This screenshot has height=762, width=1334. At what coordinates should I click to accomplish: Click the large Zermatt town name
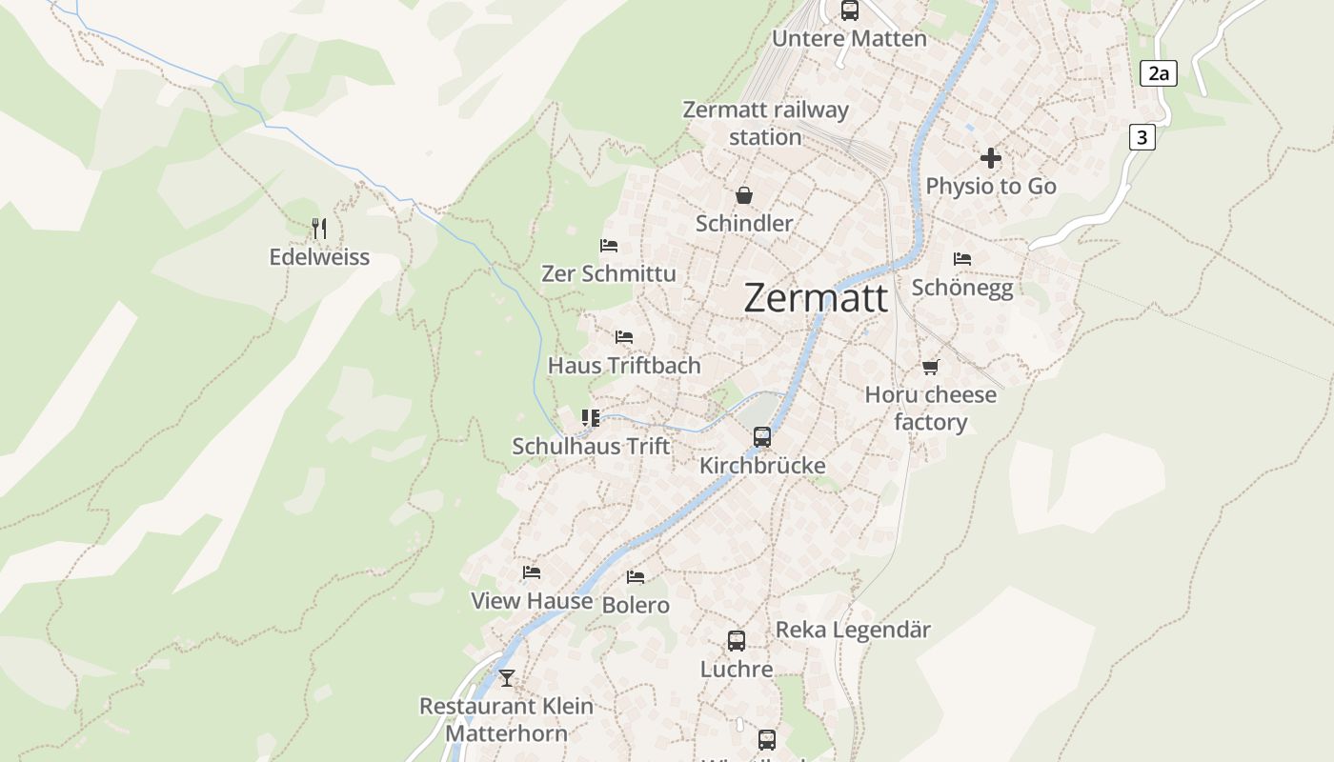click(x=816, y=298)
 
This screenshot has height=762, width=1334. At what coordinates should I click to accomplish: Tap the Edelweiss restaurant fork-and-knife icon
click(x=319, y=229)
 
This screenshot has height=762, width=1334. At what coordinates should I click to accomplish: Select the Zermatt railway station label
click(x=765, y=123)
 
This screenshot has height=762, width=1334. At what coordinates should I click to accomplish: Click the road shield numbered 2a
click(x=1158, y=73)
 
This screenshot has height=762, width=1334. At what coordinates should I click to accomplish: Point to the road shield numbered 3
click(x=1142, y=137)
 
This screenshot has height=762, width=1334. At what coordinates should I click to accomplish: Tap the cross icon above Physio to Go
click(x=991, y=158)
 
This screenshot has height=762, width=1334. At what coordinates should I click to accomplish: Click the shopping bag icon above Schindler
click(x=743, y=195)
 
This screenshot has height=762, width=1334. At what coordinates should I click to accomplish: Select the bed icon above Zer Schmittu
click(x=609, y=246)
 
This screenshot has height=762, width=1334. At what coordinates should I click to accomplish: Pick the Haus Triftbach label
click(x=624, y=365)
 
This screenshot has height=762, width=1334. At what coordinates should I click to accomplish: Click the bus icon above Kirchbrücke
click(x=762, y=437)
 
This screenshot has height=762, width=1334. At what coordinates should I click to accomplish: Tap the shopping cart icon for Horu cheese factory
click(x=930, y=367)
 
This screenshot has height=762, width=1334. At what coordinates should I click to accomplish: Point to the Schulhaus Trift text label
click(x=591, y=446)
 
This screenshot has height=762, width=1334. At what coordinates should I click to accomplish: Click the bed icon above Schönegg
click(x=962, y=259)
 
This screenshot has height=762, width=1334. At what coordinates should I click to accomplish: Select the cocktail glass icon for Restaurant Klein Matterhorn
click(x=507, y=678)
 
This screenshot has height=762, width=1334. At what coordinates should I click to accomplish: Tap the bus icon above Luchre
click(x=737, y=641)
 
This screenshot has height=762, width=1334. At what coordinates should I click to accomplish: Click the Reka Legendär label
click(x=853, y=630)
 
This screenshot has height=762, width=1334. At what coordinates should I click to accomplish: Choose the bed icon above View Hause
click(x=532, y=572)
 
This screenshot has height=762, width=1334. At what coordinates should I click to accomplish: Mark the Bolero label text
click(x=636, y=605)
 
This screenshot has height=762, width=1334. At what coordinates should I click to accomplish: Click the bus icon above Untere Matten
click(x=849, y=10)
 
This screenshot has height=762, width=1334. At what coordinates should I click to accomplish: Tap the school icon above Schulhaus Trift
click(x=591, y=418)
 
